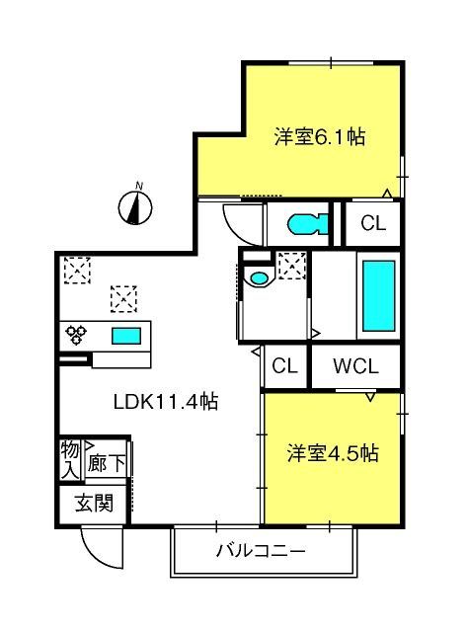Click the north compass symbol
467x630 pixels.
135,208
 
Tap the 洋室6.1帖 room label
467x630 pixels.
320,137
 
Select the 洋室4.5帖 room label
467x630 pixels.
333,453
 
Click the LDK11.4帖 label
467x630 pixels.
166,401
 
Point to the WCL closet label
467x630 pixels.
355,366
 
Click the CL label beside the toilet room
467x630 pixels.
373,223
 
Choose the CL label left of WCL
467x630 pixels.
284,365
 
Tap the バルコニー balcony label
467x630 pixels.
262,550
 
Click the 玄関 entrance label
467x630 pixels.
95,503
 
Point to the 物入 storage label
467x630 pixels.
70,460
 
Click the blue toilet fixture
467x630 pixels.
309,224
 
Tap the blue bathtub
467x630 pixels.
378,295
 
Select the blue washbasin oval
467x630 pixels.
259,277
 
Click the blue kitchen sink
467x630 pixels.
126,336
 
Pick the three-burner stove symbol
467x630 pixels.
76,335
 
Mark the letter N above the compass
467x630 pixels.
139,186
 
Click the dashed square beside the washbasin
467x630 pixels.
292,266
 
